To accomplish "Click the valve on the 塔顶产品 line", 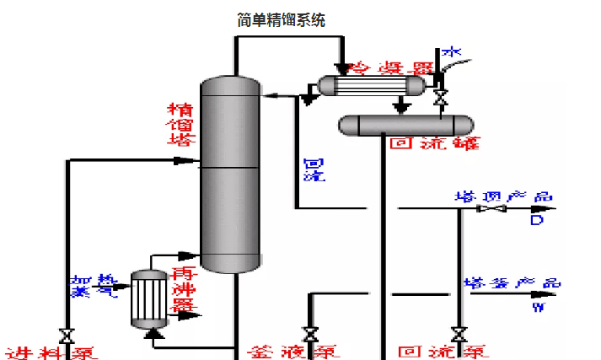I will pos(490,208).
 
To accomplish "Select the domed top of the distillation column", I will pos(228,84).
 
